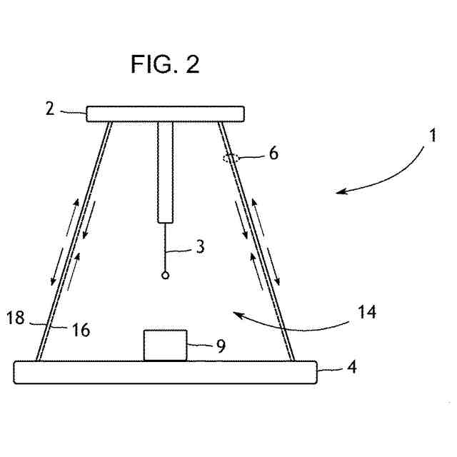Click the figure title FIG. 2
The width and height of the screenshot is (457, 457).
[x=165, y=64]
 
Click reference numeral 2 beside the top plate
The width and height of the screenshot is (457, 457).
[x=50, y=109]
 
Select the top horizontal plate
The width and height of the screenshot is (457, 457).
[x=166, y=114]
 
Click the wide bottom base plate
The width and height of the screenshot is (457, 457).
[x=165, y=373]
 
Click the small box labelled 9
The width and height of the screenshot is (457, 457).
[x=165, y=346]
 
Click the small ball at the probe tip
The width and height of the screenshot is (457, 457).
[x=166, y=275]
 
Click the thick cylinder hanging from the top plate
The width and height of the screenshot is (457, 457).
[x=166, y=171]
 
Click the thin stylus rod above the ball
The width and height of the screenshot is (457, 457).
[x=166, y=247]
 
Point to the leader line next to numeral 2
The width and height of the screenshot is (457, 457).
[x=72, y=111]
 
